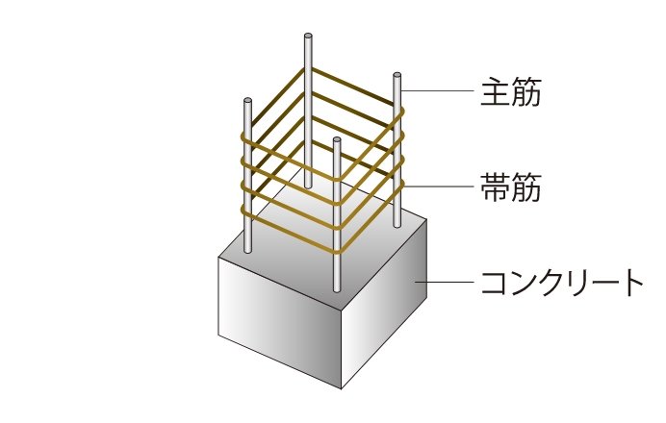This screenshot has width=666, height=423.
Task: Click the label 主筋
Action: click(x=510, y=93)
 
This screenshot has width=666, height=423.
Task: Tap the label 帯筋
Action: click(x=510, y=187)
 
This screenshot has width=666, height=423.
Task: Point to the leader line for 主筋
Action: click(x=439, y=92)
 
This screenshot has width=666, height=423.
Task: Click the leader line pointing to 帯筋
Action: click(x=439, y=186)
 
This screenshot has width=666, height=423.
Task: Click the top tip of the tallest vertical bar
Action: click(x=307, y=39)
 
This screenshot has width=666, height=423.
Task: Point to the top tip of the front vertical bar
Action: click(x=336, y=140)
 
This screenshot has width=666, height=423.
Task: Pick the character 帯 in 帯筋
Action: click(x=494, y=187)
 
